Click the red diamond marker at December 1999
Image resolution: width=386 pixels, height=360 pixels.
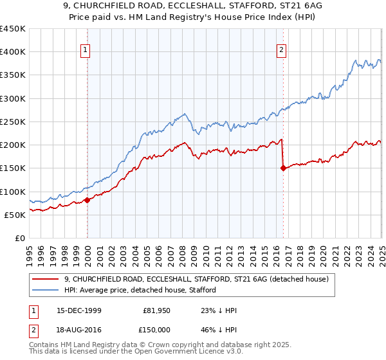coord(87,200)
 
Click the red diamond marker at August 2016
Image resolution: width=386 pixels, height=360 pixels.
coord(283,168)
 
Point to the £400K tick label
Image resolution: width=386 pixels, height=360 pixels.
coord(12,52)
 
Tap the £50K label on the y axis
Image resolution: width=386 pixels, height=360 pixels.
coord(15,215)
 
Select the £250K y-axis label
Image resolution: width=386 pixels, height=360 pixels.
coord(12,122)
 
